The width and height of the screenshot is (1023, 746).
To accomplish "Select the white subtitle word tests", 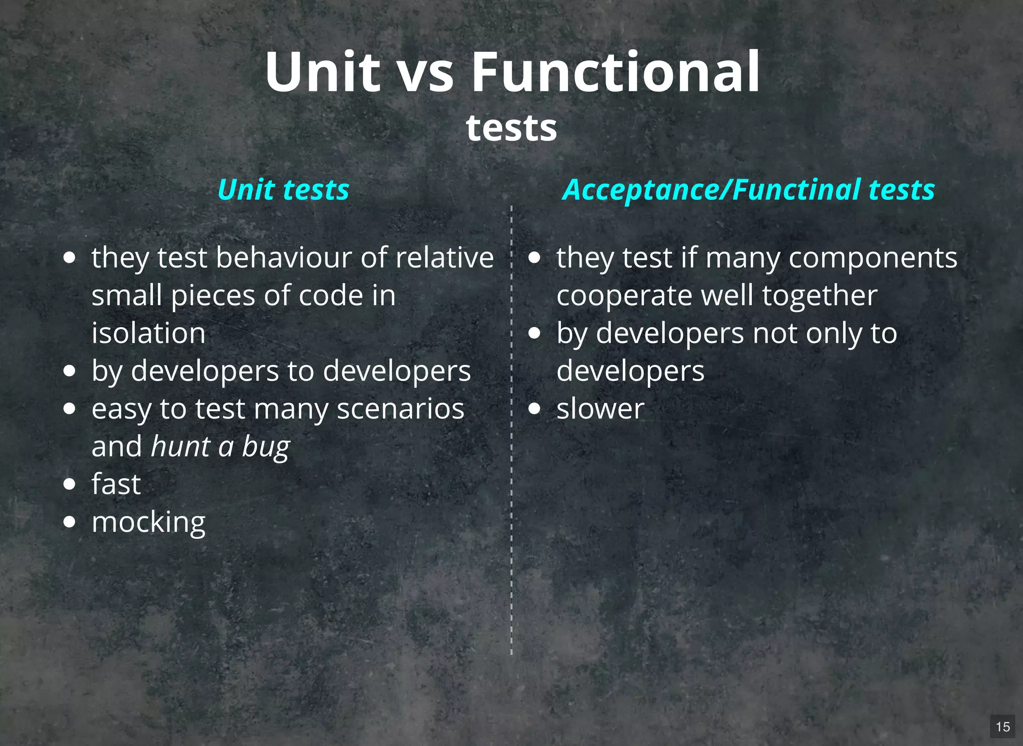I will (511, 128).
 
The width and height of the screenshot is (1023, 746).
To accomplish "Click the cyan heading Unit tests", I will (283, 190).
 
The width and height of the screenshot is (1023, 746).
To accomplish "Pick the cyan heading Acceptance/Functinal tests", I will (748, 190).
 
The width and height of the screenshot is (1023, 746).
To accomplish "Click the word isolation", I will (148, 333).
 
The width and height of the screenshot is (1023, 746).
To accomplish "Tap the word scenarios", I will (401, 409).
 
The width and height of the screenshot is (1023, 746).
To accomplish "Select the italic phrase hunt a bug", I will (220, 446).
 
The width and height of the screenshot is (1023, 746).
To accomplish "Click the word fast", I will (116, 484).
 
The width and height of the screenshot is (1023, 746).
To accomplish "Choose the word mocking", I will (148, 523).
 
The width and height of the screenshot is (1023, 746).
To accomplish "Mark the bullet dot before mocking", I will (70, 522).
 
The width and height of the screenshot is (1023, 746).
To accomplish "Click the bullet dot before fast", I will (70, 484).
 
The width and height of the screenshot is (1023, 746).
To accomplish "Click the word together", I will (820, 296).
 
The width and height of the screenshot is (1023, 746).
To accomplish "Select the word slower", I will (600, 409).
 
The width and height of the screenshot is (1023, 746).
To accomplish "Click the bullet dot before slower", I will (534, 409).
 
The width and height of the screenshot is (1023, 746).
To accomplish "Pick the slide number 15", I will (1003, 727).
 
